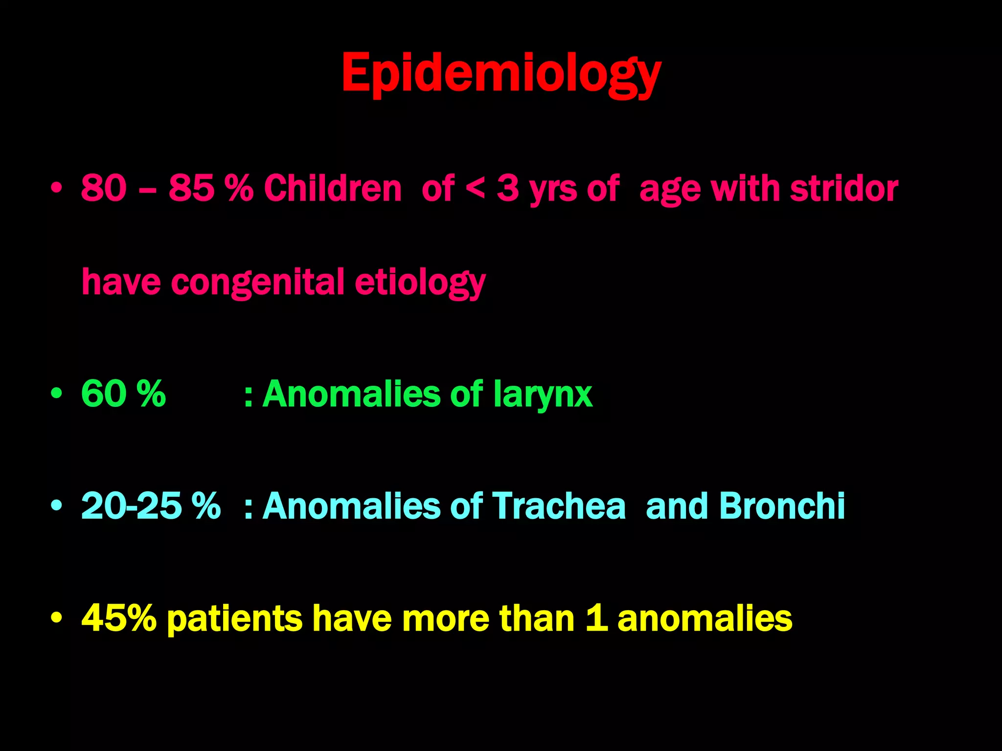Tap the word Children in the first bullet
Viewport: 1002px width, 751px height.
coord(333,188)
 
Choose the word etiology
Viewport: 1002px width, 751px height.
coord(420,283)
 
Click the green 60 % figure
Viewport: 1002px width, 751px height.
coord(123,394)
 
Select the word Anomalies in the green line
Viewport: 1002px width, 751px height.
coord(352,394)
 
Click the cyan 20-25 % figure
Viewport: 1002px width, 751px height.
coord(151,506)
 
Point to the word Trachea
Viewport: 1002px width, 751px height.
coord(558,506)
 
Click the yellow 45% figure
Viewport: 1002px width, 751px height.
coord(119,618)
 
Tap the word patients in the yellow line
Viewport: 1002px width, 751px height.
coord(234,619)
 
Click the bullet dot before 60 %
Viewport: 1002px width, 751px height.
coord(57,394)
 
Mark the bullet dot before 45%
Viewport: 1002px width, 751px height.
coord(57,618)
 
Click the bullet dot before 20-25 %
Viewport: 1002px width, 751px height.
coord(57,506)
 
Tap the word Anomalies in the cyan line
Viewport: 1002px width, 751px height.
coord(352,506)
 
